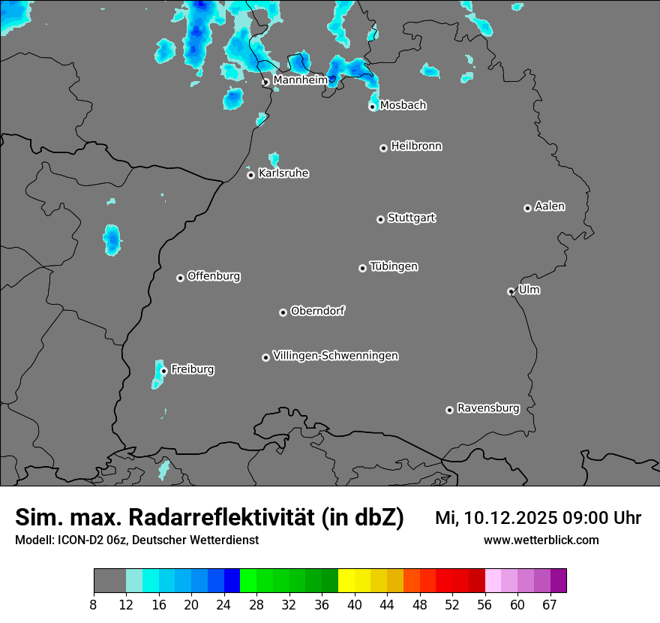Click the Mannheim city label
point(300,80)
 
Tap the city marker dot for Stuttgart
point(381,219)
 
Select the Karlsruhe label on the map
point(283,173)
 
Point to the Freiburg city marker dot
point(163,371)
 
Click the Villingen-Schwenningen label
point(335,356)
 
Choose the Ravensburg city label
point(488,408)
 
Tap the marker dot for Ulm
point(511,291)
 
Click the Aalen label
point(550,206)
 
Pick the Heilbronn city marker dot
point(384,148)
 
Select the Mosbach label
point(403,106)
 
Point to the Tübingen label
point(394,266)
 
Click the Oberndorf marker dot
point(283,312)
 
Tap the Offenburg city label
point(214,276)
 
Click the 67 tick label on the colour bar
point(550,605)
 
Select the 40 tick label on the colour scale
point(354,605)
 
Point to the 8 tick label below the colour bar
point(94,605)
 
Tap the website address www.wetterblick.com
point(541,540)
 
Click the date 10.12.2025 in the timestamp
point(507,518)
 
